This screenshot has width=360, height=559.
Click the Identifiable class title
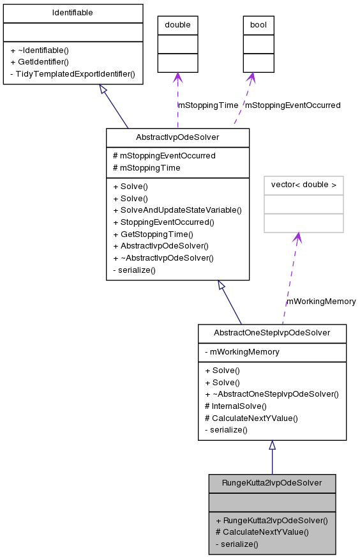pyautogui.click(x=73, y=13)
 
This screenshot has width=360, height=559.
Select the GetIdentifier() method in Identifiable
pyautogui.click(x=40, y=61)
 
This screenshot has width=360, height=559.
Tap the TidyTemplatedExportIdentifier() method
pyautogui.click(x=73, y=73)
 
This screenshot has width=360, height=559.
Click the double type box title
pyautogui.click(x=177, y=25)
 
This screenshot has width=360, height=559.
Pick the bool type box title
pyautogui.click(x=259, y=25)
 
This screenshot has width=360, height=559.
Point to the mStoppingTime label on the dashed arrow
pyautogui.click(x=207, y=105)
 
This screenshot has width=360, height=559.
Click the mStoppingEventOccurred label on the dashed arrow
pyautogui.click(x=293, y=105)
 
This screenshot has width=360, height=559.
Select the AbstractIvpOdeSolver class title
pyautogui.click(x=177, y=137)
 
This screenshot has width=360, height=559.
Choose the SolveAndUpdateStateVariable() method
pyautogui.click(x=177, y=210)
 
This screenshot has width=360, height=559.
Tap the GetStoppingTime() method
pyautogui.click(x=153, y=234)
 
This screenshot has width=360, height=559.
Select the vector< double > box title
pyautogui.click(x=304, y=185)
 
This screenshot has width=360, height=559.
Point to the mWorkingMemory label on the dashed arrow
pyautogui.click(x=321, y=301)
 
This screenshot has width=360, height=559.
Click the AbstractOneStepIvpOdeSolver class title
pyautogui.click(x=272, y=333)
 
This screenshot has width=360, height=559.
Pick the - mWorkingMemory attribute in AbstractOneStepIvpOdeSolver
pyautogui.click(x=242, y=351)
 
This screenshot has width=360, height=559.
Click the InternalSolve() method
pyautogui.click(x=236, y=406)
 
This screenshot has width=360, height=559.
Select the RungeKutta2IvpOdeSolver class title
pyautogui.click(x=272, y=483)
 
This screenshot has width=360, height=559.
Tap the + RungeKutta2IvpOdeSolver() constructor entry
pyautogui.click(x=272, y=520)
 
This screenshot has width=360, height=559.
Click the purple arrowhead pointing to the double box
pyautogui.click(x=177, y=77)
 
